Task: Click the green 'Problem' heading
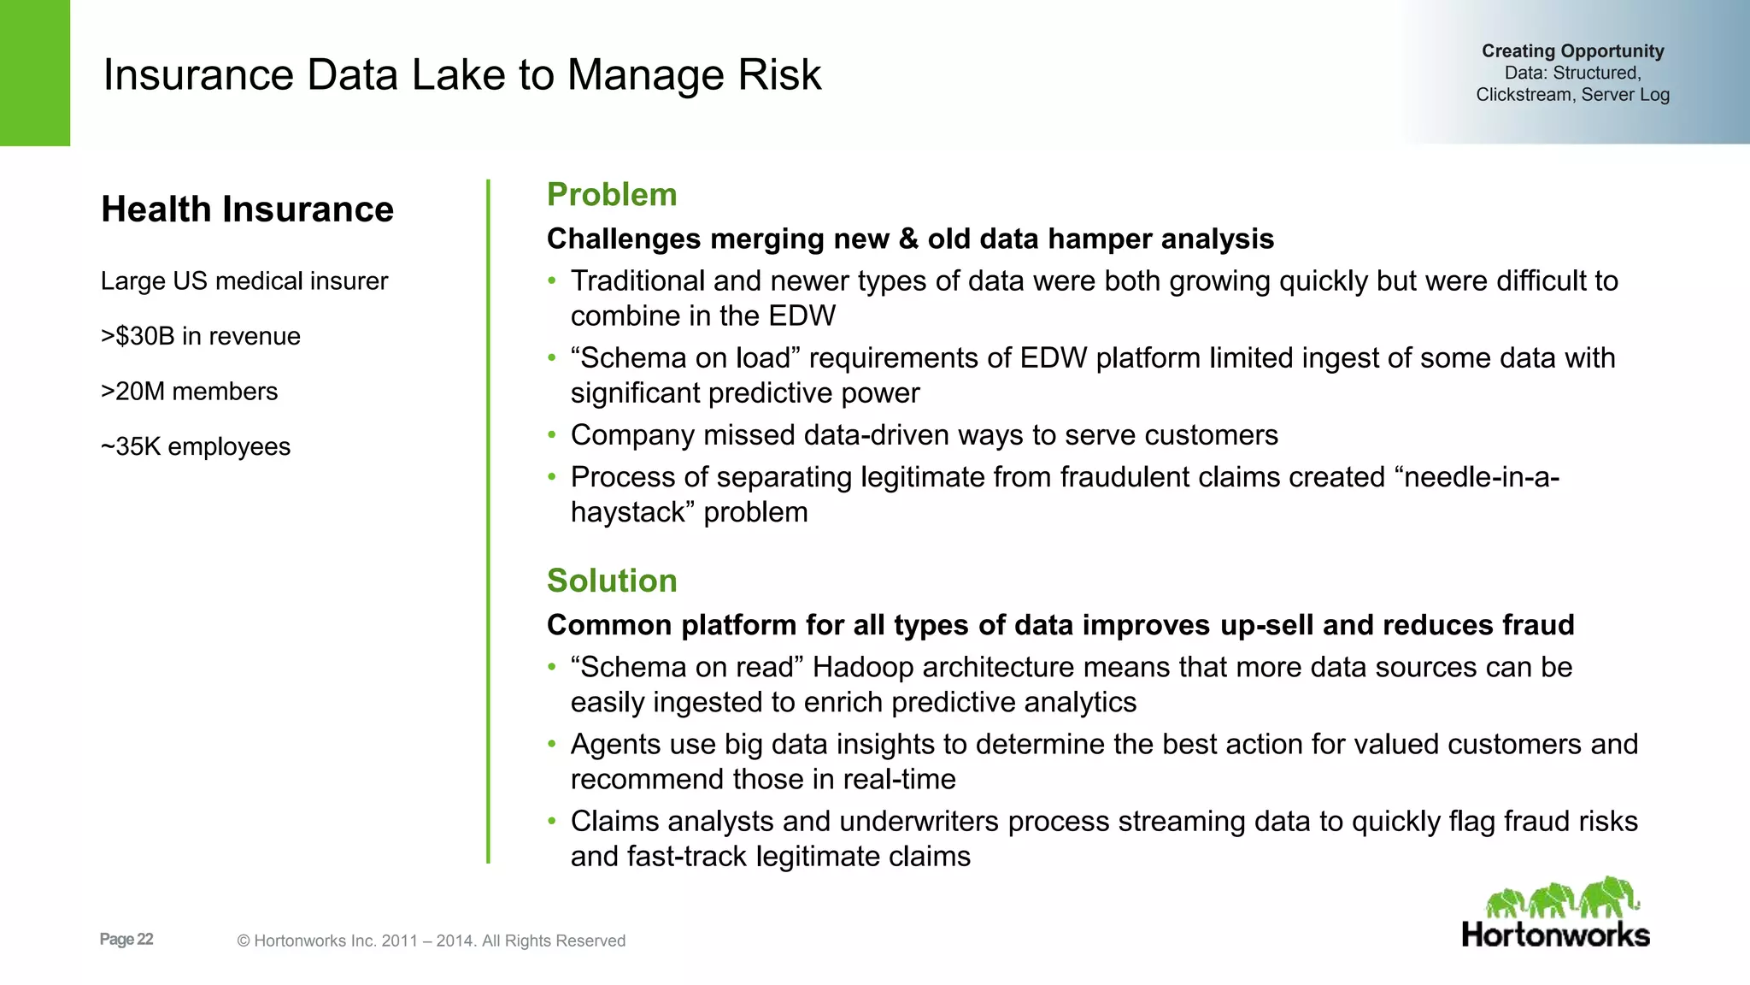coord(612,195)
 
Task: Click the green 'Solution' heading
coord(612,581)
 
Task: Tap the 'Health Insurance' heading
coord(247,209)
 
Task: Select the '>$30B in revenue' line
coord(201,336)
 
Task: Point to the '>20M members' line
coord(190,392)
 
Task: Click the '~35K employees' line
coord(196,446)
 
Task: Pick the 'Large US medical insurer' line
coord(244,281)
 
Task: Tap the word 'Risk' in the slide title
coord(778,75)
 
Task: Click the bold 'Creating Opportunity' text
coord(1572,51)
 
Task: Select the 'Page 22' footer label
coord(126,940)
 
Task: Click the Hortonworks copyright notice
coord(432,941)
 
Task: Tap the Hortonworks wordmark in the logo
coord(1556,935)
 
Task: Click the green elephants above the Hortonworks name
coord(1562,899)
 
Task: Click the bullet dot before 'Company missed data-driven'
coord(552,435)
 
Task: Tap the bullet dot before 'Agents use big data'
coord(552,745)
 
